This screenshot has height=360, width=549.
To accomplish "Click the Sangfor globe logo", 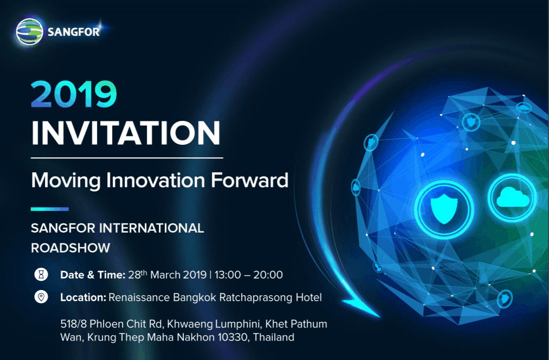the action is [29, 32].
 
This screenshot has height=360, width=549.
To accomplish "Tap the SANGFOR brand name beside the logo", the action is [74, 32].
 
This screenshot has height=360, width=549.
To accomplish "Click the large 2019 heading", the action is [74, 94].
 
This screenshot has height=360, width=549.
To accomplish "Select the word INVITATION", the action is [126, 133].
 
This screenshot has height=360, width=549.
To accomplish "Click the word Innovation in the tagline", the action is [156, 180].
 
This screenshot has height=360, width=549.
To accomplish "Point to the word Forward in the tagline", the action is [250, 180].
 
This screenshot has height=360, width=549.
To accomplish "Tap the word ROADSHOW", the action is [70, 248].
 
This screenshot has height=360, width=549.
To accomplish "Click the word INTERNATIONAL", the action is [152, 228].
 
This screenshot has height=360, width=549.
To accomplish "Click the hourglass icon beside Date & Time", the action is [41, 274].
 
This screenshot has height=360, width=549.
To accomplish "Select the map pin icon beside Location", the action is [41, 297].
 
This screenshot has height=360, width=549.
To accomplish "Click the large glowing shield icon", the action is [444, 209].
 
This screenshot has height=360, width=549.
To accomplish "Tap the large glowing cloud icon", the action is [513, 197].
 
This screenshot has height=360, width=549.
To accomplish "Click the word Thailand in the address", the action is [274, 337].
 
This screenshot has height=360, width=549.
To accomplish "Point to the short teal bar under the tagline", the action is [50, 209].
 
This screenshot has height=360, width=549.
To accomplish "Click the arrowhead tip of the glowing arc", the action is [379, 317].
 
